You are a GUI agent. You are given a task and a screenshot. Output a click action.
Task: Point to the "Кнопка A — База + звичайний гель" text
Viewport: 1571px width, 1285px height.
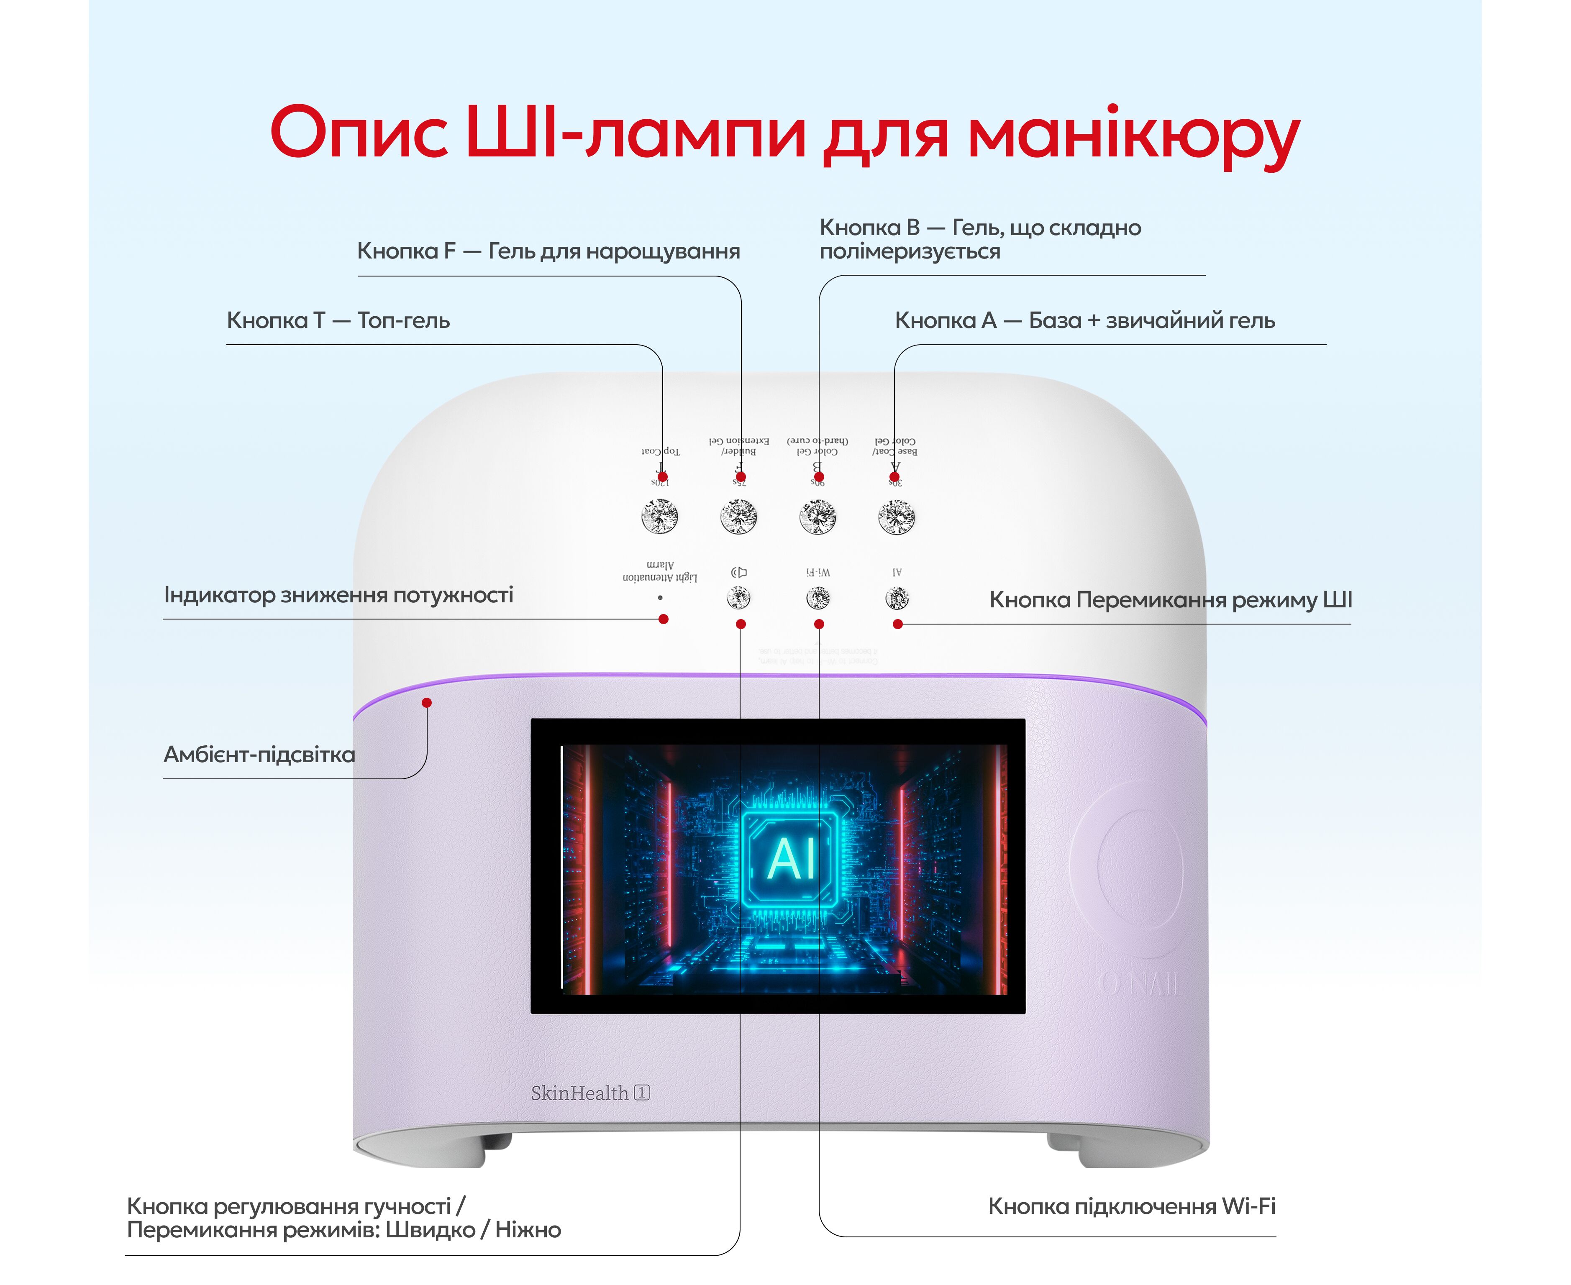pyautogui.click(x=1084, y=320)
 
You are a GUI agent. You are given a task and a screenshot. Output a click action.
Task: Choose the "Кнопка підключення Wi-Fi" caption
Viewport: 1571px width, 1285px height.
pyautogui.click(x=1131, y=1206)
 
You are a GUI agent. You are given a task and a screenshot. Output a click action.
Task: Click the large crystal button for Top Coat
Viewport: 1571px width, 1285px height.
pyautogui.click(x=660, y=516)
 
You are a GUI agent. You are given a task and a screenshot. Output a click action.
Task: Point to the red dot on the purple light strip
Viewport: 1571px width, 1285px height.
pyautogui.click(x=426, y=702)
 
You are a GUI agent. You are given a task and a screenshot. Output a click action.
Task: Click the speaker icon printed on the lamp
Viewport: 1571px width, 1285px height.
pyautogui.click(x=739, y=572)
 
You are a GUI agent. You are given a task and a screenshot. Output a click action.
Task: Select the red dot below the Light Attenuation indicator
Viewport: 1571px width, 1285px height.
pyautogui.click(x=664, y=619)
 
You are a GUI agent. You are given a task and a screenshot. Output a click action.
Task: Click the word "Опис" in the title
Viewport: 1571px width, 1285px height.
pyautogui.click(x=359, y=133)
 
